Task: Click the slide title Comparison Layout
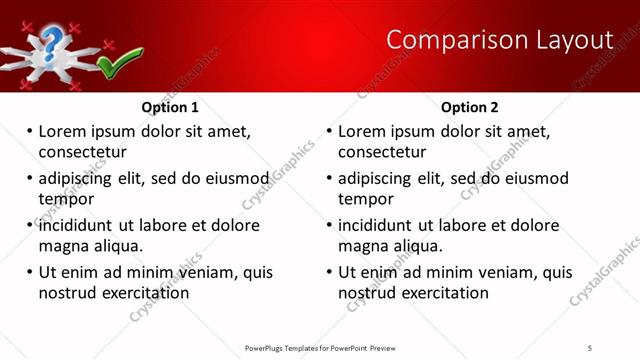pos(499,40)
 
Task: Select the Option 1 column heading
pos(170,107)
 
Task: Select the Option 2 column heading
pos(470,107)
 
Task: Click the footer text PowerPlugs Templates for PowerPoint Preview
pos(320,348)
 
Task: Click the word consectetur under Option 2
pos(382,153)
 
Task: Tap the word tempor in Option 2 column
pos(366,199)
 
